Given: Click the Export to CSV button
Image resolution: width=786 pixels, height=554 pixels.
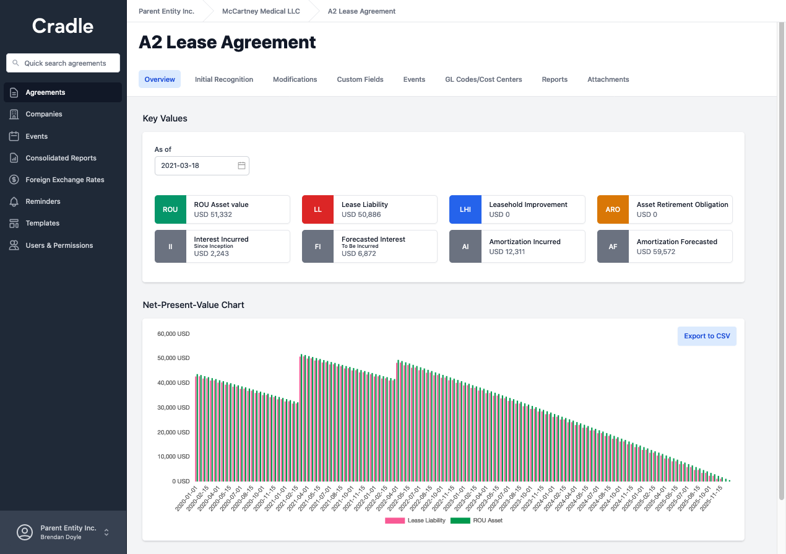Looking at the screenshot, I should pyautogui.click(x=707, y=336).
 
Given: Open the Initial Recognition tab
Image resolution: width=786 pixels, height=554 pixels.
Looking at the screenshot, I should pyautogui.click(x=224, y=79).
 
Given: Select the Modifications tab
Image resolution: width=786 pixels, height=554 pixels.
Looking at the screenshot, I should pyautogui.click(x=295, y=79).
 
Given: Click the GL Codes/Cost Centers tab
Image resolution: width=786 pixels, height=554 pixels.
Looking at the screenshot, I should pyautogui.click(x=483, y=79).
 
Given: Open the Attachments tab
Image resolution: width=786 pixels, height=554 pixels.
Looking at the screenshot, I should pyautogui.click(x=608, y=79).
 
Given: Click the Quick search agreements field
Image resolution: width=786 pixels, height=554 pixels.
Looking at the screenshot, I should pyautogui.click(x=63, y=63).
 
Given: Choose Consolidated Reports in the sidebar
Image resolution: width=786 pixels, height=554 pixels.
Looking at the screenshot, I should pyautogui.click(x=61, y=158).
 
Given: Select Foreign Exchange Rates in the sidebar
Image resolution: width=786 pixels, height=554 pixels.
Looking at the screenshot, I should pyautogui.click(x=64, y=180).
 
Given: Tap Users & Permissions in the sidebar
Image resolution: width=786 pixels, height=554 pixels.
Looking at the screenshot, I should pyautogui.click(x=59, y=245).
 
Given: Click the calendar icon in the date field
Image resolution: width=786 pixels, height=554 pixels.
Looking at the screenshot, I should pyautogui.click(x=241, y=165).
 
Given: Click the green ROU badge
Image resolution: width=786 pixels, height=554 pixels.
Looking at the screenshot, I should pyautogui.click(x=170, y=209).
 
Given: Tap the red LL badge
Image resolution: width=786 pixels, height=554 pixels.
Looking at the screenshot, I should pyautogui.click(x=317, y=209).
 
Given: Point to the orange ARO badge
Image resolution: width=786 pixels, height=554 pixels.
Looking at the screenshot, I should pyautogui.click(x=613, y=209).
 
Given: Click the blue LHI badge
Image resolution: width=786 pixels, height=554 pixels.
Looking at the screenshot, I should pyautogui.click(x=465, y=209).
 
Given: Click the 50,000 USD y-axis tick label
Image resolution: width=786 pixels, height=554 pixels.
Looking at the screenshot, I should pyautogui.click(x=173, y=358).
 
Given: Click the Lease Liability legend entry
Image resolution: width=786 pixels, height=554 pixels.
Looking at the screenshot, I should pyautogui.click(x=415, y=521).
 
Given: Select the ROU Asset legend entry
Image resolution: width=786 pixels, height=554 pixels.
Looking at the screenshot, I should pyautogui.click(x=477, y=521).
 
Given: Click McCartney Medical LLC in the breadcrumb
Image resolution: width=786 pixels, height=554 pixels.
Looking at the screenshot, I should pyautogui.click(x=261, y=11).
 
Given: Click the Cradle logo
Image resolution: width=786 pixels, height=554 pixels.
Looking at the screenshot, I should pyautogui.click(x=63, y=26).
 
